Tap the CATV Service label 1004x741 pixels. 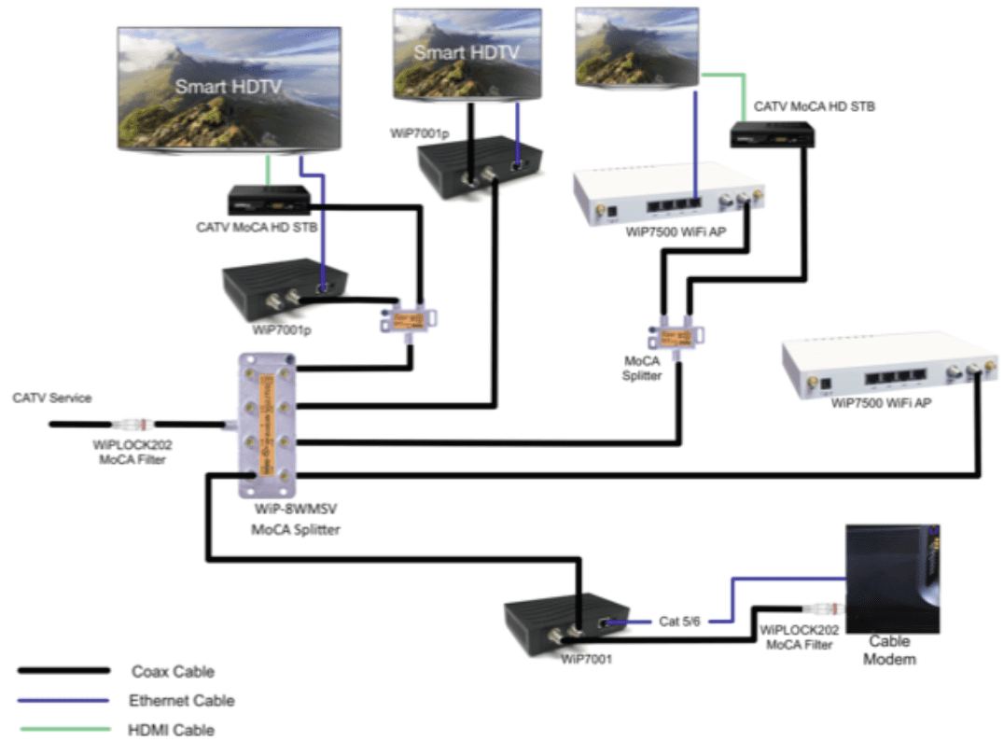click(52, 398)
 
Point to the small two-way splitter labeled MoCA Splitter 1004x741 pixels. click(676, 335)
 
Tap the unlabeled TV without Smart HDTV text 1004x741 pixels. click(636, 47)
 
